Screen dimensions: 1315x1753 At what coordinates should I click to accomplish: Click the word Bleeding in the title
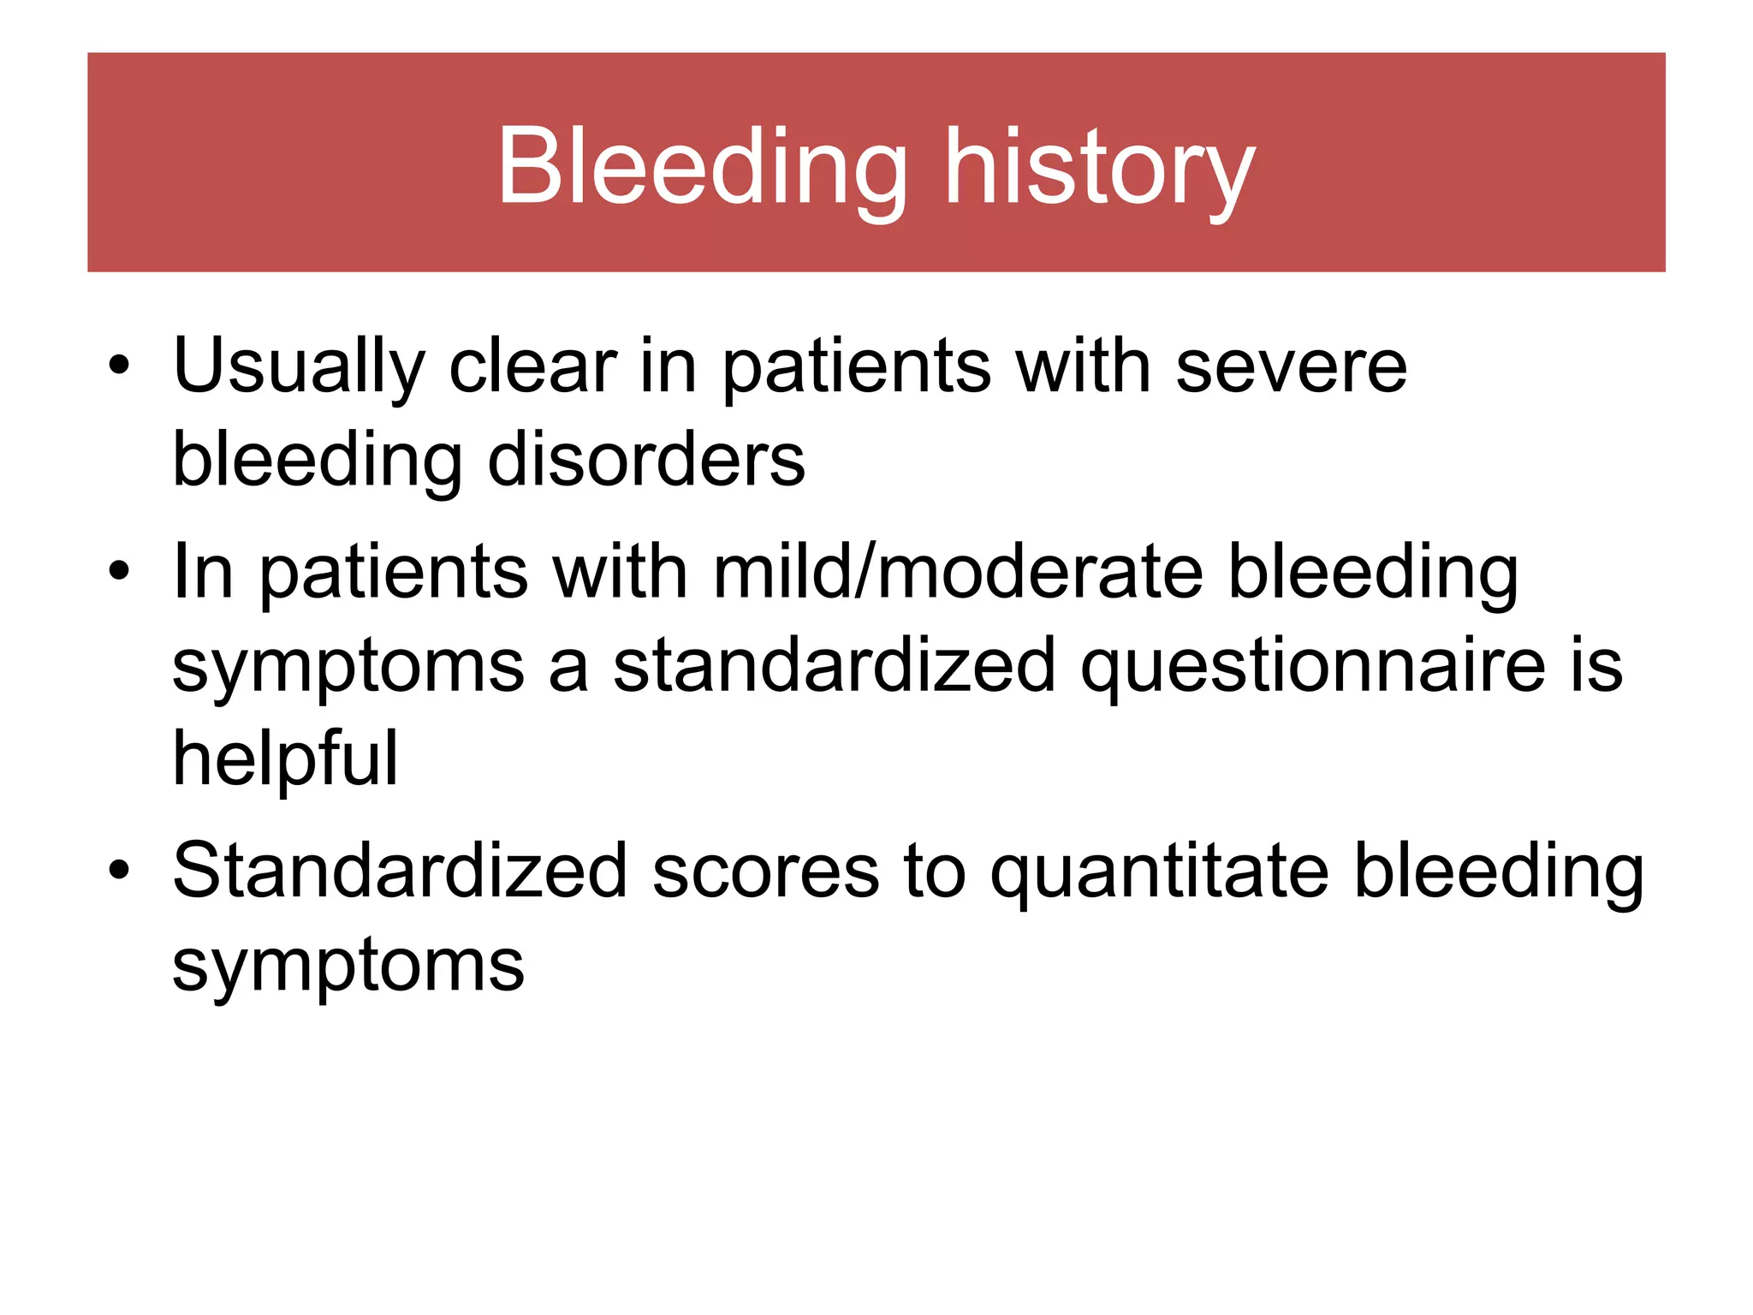point(702,166)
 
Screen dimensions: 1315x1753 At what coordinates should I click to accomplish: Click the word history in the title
point(1099,168)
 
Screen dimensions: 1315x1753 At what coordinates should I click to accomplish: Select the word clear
point(532,366)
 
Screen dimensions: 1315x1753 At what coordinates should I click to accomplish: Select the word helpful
point(285,760)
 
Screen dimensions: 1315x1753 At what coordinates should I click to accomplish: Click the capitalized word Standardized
point(400,872)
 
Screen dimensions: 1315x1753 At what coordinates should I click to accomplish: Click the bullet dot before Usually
point(119,366)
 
